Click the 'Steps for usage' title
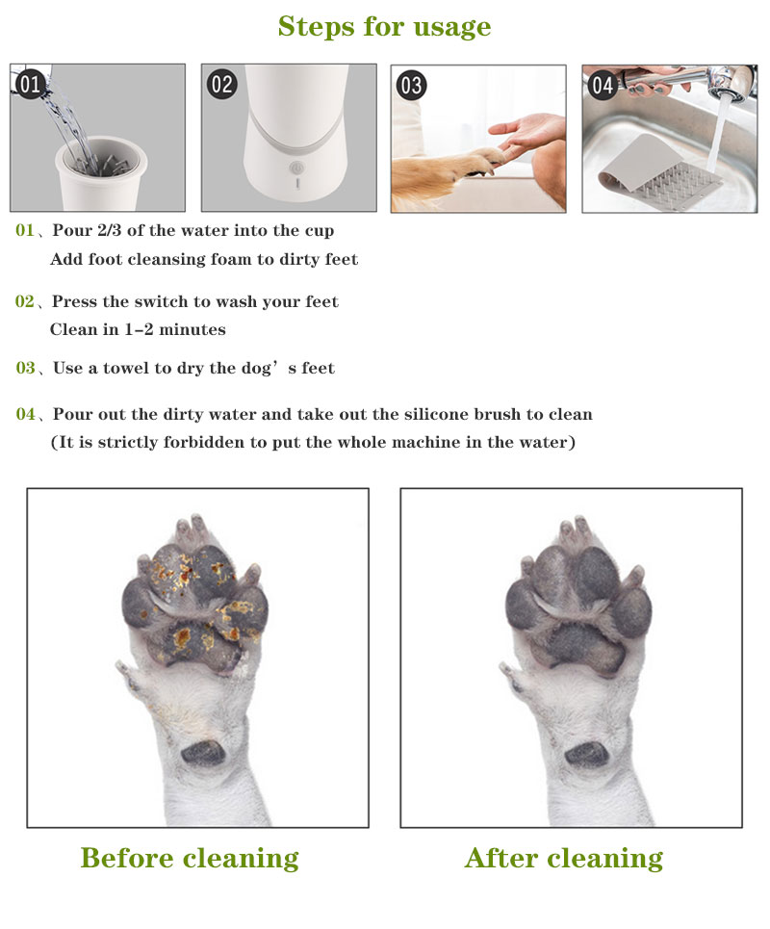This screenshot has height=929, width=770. tap(384, 26)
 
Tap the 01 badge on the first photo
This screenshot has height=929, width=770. tap(30, 85)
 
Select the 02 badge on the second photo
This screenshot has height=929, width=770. tap(221, 85)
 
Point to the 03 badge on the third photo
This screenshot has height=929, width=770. tap(411, 85)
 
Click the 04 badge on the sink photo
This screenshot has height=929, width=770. tap(603, 85)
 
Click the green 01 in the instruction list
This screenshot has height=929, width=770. tap(25, 231)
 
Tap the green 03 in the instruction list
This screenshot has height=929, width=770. tap(25, 368)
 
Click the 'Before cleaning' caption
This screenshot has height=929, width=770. tap(190, 858)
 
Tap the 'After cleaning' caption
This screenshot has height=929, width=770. tap(563, 858)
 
